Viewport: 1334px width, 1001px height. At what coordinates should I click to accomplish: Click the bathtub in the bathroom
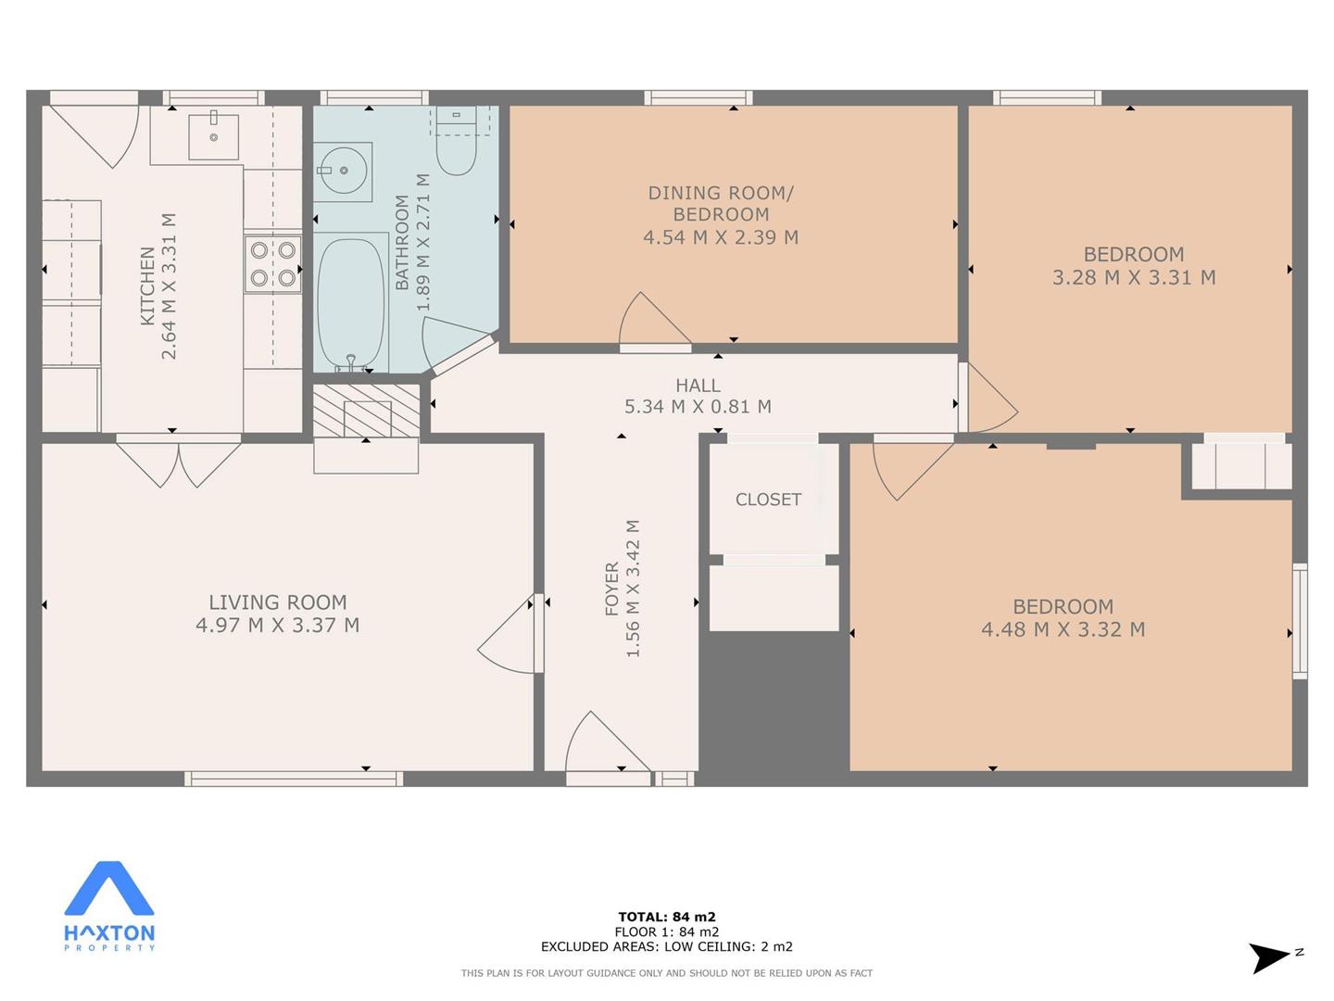pyautogui.click(x=351, y=302)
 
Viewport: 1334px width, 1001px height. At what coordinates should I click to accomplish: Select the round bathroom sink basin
pyautogui.click(x=344, y=171)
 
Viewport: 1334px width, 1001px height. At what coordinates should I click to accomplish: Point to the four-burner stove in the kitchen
pyautogui.click(x=273, y=264)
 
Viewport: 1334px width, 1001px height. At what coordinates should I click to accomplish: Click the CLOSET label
pyautogui.click(x=768, y=500)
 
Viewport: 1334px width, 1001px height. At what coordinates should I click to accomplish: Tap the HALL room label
pyautogui.click(x=698, y=386)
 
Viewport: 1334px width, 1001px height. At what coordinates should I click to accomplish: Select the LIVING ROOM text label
pyautogui.click(x=278, y=602)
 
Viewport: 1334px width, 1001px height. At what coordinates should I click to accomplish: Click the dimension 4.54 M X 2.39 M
pyautogui.click(x=721, y=237)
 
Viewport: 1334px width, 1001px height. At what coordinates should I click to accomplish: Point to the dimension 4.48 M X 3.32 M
pyautogui.click(x=1063, y=629)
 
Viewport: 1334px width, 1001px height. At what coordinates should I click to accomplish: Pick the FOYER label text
pyautogui.click(x=612, y=589)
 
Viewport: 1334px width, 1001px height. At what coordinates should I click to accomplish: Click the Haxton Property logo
pyautogui.click(x=109, y=905)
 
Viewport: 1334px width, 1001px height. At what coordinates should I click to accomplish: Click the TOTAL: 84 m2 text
pyautogui.click(x=667, y=917)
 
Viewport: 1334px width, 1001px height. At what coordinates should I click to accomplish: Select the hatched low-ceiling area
pyautogui.click(x=367, y=411)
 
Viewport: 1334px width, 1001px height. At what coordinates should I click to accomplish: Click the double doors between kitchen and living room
pyautogui.click(x=179, y=462)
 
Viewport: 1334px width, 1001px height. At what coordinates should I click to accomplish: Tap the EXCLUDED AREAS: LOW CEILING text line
pyautogui.click(x=667, y=946)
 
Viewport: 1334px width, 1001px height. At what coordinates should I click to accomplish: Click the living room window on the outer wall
pyautogui.click(x=294, y=779)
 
